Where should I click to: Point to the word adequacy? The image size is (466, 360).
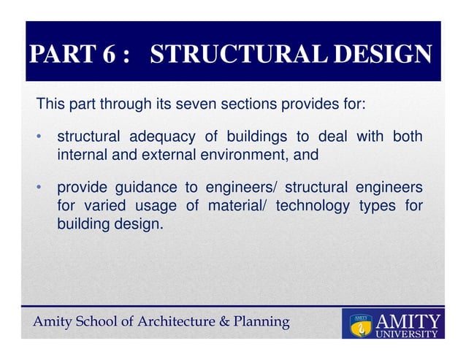click(161, 137)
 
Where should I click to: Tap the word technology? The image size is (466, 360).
click(314, 207)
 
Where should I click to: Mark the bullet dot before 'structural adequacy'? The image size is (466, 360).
click(42, 138)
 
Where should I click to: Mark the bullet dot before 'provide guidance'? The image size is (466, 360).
click(42, 190)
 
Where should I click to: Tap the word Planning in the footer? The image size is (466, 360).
click(262, 322)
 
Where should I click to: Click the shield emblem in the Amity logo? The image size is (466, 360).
click(359, 326)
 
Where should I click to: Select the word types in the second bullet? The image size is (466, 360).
click(375, 207)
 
